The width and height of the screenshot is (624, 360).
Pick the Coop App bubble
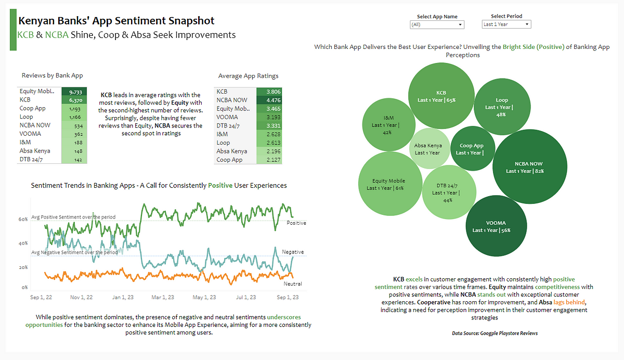[471, 149]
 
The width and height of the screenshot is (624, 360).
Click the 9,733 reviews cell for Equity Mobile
[74, 92]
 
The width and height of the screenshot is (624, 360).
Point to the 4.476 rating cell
[269, 100]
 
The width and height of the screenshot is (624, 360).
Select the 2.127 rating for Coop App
[269, 160]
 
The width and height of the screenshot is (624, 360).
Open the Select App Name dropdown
[437, 24]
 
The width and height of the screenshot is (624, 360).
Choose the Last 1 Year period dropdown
[506, 24]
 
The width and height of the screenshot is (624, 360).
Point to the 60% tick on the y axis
[23, 220]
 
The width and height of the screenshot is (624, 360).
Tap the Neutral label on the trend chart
[293, 284]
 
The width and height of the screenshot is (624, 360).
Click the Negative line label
[293, 252]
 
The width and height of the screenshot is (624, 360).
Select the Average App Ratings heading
[248, 76]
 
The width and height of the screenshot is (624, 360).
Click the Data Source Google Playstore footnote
[495, 333]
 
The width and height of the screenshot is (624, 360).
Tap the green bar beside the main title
[13, 33]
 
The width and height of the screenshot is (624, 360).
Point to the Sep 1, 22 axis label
[42, 298]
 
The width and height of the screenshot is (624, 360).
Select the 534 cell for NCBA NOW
[74, 125]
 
